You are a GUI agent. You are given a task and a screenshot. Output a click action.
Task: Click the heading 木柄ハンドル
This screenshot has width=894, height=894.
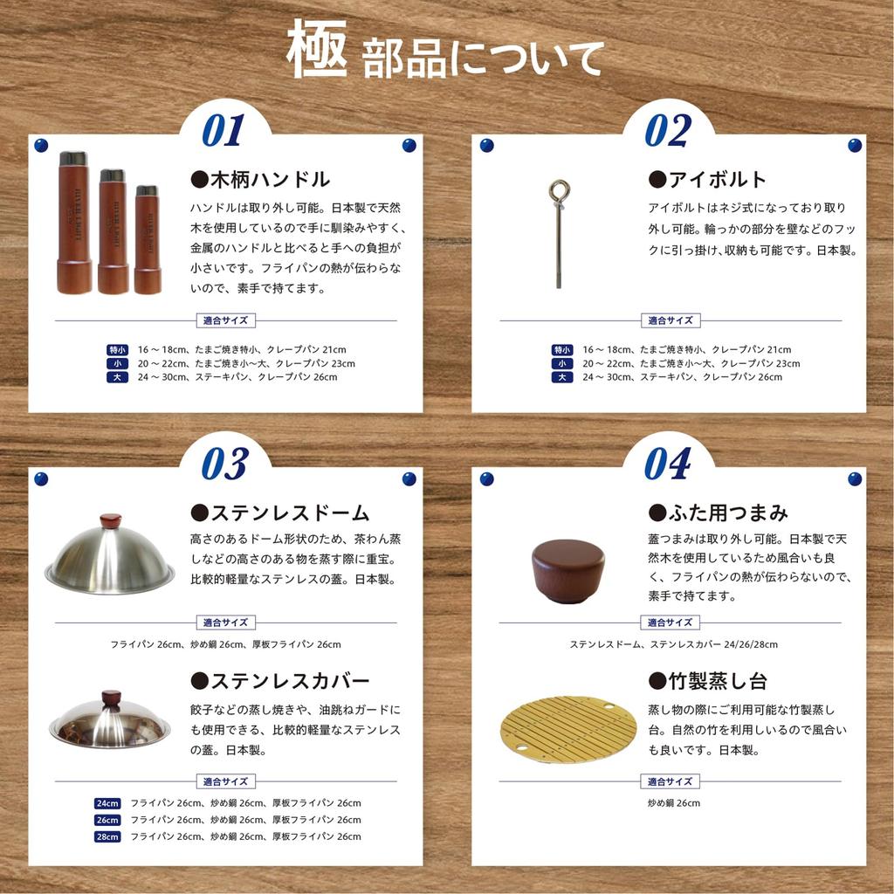click(260, 180)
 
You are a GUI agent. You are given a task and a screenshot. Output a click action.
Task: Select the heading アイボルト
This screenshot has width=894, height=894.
click(707, 180)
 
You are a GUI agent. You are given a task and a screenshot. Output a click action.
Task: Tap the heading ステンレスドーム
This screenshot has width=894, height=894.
click(279, 512)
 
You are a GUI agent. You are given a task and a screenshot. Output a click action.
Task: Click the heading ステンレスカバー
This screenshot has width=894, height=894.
click(279, 681)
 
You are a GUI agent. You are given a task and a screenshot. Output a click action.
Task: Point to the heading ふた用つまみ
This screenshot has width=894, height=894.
click(718, 512)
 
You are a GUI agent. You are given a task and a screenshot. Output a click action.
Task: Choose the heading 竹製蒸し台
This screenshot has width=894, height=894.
click(707, 681)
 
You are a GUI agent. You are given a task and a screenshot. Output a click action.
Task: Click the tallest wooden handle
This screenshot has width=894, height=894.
click(74, 223)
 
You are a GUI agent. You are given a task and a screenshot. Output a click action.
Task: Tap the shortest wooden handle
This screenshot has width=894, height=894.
click(147, 240)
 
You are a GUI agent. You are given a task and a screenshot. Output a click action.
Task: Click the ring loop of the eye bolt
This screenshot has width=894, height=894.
click(557, 190)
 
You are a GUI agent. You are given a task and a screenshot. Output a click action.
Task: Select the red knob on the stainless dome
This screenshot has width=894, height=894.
click(110, 521)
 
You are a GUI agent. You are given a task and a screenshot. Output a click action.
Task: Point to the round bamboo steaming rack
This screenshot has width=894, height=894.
click(568, 729)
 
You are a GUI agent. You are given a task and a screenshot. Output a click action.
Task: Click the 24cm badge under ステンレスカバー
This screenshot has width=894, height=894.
click(107, 803)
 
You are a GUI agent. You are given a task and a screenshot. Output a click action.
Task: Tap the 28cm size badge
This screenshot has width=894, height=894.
click(107, 836)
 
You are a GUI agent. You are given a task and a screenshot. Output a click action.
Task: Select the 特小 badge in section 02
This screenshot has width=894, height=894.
click(562, 349)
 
